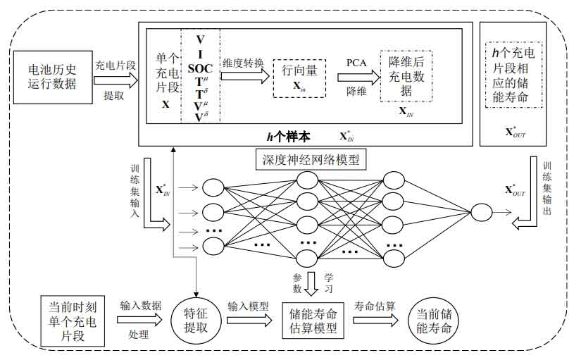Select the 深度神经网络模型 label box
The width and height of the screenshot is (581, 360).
(x=311, y=160)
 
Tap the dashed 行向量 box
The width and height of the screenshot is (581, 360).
(x=300, y=78)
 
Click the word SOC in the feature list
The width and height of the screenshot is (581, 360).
(x=200, y=68)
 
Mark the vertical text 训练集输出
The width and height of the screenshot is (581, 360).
(x=547, y=192)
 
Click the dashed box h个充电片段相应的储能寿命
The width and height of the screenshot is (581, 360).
(x=513, y=74)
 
